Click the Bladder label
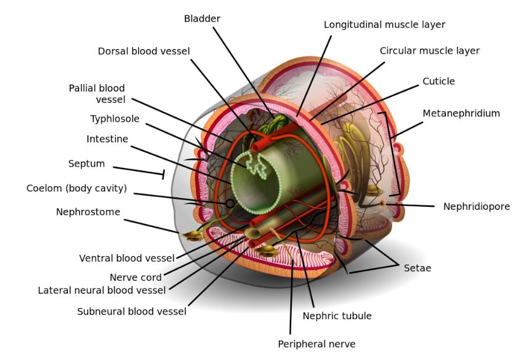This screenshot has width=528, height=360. click(202, 19)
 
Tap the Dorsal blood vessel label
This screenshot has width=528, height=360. click(144, 51)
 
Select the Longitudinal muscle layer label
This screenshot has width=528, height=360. click(384, 25)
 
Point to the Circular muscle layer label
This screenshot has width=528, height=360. click(429, 51)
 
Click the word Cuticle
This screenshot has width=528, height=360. click(438, 81)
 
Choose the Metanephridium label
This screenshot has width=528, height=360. click(461, 113)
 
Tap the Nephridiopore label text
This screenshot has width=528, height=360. click(476, 206)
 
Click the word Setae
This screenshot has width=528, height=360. click(417, 268)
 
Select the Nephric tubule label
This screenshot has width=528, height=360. click(337, 316)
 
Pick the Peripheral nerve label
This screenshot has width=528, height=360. click(317, 343)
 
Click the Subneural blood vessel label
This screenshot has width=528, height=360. click(132, 312)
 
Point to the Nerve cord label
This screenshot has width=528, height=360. click(135, 278)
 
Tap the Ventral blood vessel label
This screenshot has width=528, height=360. click(127, 258)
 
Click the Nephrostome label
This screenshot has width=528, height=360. click(88, 212)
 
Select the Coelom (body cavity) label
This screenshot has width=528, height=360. click(77, 189)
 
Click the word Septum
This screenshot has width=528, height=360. click(86, 164)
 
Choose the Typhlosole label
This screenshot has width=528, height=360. click(115, 119)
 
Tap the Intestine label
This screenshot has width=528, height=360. click(107, 140)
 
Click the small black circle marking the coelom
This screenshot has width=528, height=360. click(230, 203)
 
